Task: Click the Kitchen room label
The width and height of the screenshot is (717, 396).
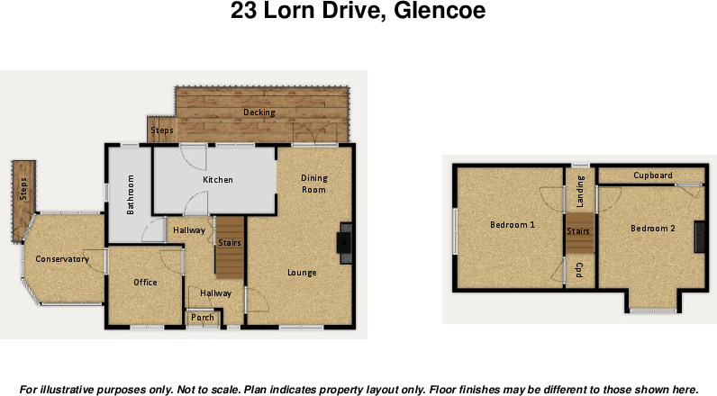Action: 217,180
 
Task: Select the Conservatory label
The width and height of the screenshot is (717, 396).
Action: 62,259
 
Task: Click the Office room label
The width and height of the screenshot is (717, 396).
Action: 145,283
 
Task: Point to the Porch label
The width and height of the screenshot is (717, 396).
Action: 203,317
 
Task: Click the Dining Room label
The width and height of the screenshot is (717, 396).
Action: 313,184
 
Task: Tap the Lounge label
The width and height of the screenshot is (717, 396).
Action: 302,272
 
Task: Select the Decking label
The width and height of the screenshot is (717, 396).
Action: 259,112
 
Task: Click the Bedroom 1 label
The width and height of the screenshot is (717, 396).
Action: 513,225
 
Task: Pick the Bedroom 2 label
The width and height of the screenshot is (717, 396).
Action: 652,229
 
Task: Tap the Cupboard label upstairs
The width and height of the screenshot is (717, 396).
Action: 652,175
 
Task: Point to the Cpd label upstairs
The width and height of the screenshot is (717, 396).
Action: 579,269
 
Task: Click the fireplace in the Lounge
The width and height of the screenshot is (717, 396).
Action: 343,243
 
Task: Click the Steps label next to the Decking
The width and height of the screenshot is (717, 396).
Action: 162,130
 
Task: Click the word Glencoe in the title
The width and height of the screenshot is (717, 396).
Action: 440,12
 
